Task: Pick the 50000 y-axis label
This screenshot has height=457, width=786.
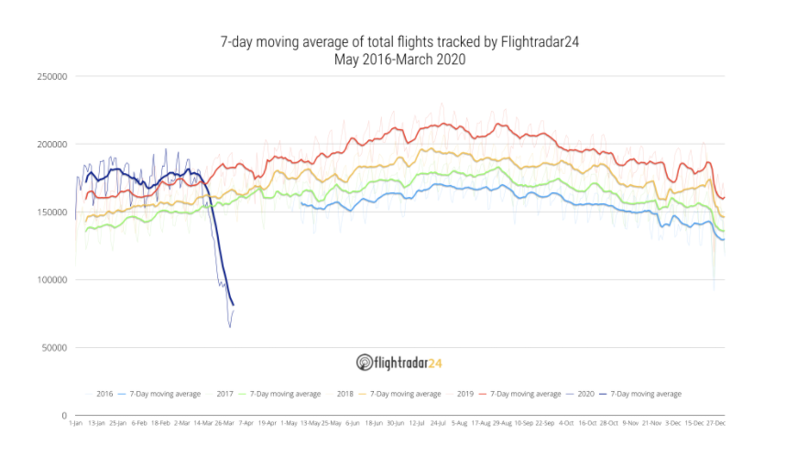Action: coord(53,348)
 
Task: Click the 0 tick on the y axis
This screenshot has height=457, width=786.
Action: coord(62,416)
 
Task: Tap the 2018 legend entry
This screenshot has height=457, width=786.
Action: coord(345,394)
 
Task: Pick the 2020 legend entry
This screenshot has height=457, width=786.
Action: coord(585,394)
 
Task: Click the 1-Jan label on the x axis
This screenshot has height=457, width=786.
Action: coord(75,423)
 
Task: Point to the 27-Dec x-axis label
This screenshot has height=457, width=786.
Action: coord(715,423)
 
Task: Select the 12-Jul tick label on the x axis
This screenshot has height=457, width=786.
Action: coord(416,423)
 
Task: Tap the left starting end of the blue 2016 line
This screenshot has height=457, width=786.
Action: coord(300,203)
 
